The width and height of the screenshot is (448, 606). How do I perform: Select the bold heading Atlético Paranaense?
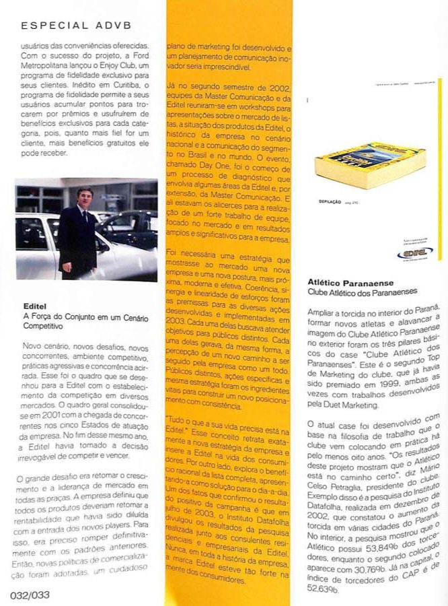coord(350,283)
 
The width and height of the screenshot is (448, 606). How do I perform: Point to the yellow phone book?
coord(371,165)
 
